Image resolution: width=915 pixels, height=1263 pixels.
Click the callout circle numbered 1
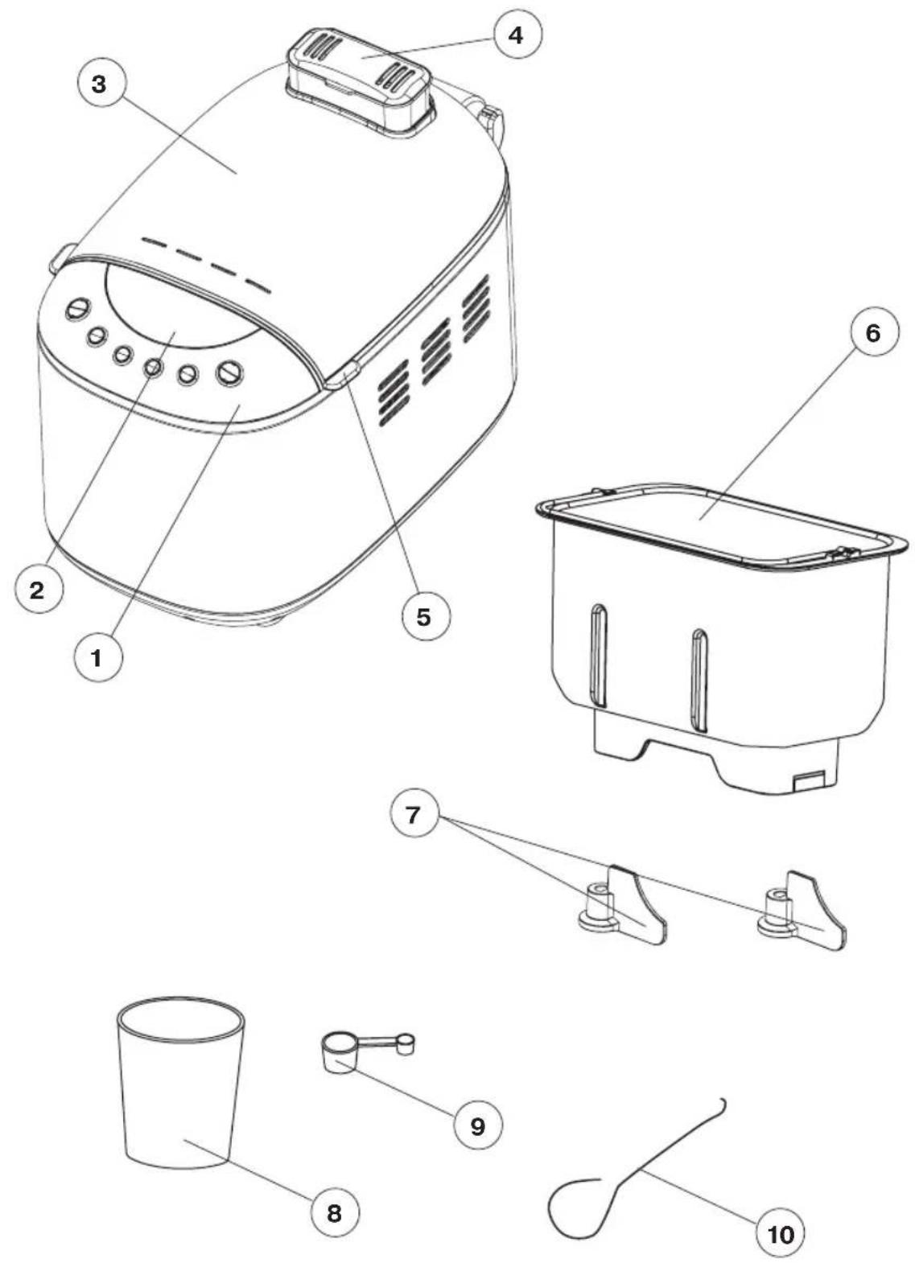(x=97, y=657)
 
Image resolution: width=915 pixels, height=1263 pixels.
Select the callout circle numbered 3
(x=100, y=85)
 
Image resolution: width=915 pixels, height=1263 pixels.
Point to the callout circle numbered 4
(x=516, y=35)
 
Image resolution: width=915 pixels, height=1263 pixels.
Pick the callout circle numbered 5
(x=424, y=617)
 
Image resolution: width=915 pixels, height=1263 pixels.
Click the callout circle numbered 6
(x=872, y=335)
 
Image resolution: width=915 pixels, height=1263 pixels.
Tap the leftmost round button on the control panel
(x=79, y=309)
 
